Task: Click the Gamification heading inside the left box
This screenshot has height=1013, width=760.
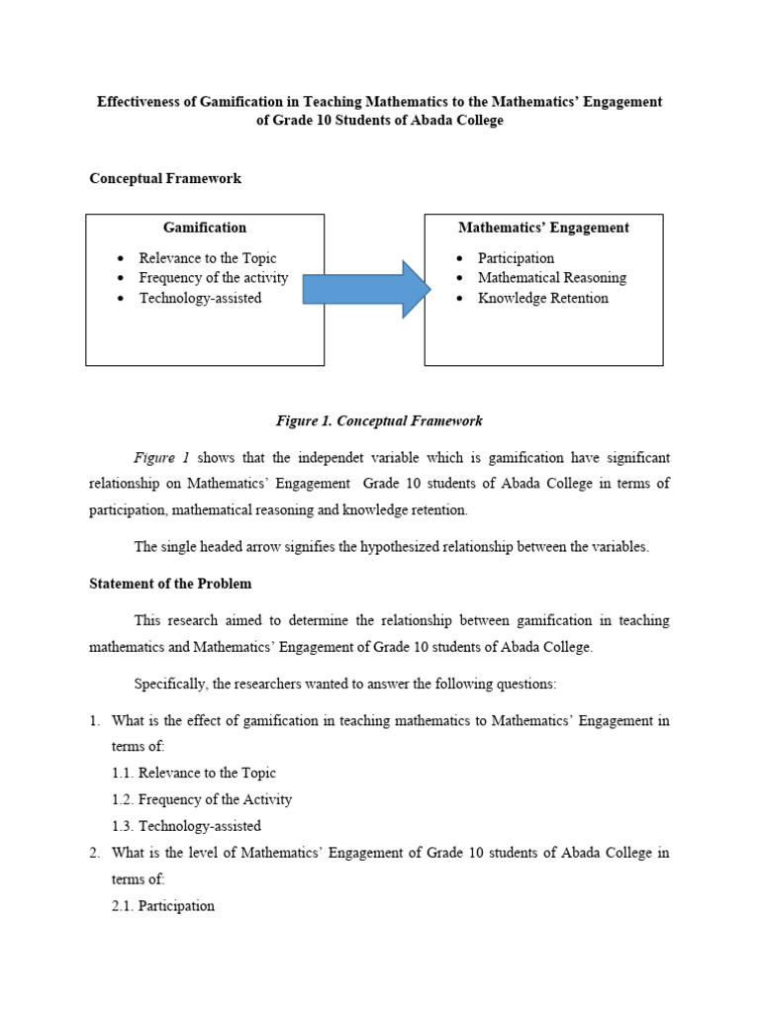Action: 205,228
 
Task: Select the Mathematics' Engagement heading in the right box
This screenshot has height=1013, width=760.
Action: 543,228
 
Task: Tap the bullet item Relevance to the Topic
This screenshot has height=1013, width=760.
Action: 208,258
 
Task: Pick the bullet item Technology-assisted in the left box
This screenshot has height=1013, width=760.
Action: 200,298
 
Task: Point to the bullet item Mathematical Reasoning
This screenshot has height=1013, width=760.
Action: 551,278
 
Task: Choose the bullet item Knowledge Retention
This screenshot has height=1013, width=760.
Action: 542,298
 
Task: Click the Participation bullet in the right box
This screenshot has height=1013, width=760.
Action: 516,258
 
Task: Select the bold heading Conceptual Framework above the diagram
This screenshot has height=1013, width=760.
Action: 165,179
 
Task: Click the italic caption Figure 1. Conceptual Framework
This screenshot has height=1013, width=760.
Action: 379,421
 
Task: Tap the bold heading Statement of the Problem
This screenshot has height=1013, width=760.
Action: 170,584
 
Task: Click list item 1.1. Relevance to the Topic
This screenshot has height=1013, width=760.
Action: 194,773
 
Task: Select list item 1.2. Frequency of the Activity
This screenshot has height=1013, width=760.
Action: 202,799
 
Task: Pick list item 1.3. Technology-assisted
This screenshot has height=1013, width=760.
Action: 187,826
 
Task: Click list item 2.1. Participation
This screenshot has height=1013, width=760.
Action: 163,905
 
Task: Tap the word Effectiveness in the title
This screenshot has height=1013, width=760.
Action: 140,102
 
